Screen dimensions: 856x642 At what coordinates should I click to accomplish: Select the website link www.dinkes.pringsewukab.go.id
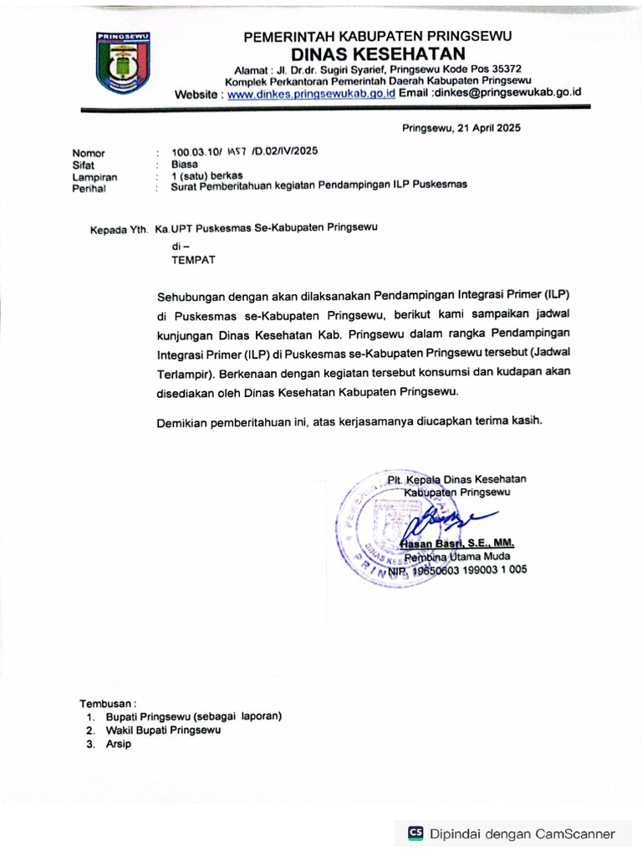tap(312, 94)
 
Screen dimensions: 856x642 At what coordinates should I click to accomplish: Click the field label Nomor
tap(89, 153)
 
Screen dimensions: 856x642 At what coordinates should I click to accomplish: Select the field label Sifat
tap(84, 166)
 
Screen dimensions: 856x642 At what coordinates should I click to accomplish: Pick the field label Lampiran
tap(94, 177)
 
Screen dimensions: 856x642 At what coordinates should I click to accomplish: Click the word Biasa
tap(185, 165)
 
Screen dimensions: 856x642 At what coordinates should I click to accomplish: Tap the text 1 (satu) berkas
tap(207, 176)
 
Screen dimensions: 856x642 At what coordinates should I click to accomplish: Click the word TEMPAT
tap(193, 260)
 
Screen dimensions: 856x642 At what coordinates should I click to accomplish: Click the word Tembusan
tap(107, 703)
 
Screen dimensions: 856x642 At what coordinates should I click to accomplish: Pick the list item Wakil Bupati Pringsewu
tap(163, 730)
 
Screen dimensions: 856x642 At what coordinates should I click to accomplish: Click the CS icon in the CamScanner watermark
tap(415, 833)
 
